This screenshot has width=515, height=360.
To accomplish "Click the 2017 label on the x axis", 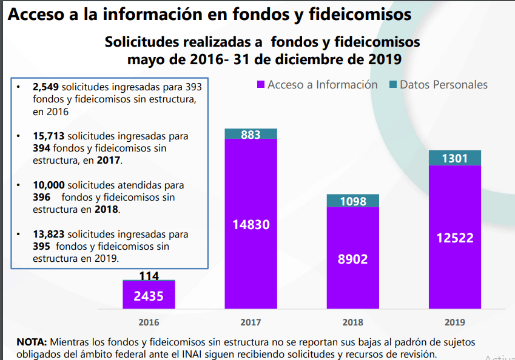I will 251,322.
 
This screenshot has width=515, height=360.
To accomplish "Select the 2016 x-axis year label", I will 149,322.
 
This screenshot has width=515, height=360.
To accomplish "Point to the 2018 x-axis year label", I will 352,322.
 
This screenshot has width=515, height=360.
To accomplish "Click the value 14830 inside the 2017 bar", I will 251,225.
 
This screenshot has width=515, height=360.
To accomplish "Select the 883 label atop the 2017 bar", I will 251,135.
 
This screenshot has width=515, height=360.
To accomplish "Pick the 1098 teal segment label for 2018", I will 352,201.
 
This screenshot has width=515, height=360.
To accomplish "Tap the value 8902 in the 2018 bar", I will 352,259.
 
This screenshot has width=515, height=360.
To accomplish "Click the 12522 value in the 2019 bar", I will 454,238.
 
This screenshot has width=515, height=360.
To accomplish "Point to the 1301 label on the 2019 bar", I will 454,159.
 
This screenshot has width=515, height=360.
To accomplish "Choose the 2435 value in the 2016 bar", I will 149,296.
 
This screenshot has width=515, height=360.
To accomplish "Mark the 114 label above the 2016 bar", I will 149,276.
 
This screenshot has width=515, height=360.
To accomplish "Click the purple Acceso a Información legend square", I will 261,85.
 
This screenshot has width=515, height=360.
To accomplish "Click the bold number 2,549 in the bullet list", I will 46,87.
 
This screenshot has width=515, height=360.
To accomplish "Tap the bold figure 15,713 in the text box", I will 48,136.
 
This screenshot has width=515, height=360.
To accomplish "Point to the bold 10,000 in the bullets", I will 49,185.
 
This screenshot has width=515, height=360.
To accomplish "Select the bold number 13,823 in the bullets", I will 49,234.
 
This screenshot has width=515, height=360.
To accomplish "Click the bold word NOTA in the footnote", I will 30,342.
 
